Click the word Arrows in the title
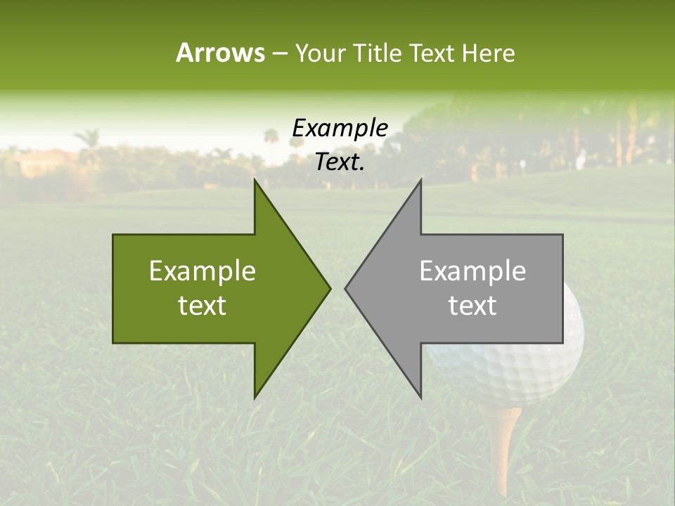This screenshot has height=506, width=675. (220, 53)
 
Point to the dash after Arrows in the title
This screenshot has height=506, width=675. (279, 54)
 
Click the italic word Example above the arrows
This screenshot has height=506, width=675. (340, 129)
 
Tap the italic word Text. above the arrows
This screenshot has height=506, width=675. (340, 162)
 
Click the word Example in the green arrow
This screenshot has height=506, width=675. (202, 271)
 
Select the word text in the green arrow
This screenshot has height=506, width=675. (202, 306)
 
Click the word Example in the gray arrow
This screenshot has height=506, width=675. (472, 271)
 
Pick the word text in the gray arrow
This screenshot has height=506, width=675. (472, 306)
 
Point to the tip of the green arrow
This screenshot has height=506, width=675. (329, 288)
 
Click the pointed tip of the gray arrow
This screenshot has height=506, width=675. (346, 288)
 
